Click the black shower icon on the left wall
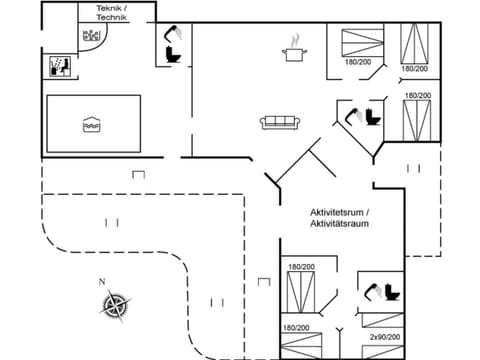click(59, 67)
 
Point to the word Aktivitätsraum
click(340, 225)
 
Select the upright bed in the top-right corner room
click(414, 41)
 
